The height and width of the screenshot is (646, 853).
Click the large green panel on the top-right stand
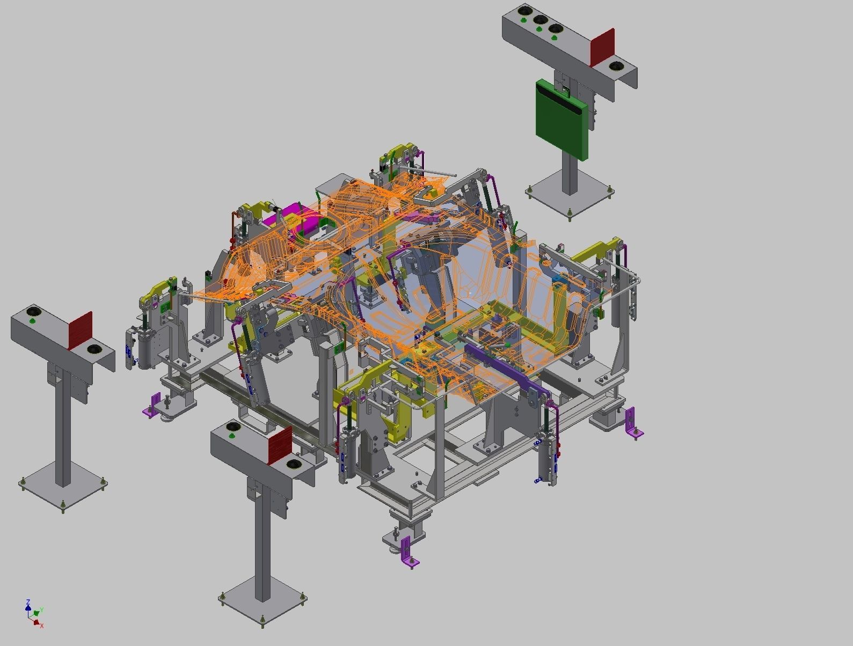point(562,119)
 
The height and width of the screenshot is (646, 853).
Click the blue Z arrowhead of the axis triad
point(28,603)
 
